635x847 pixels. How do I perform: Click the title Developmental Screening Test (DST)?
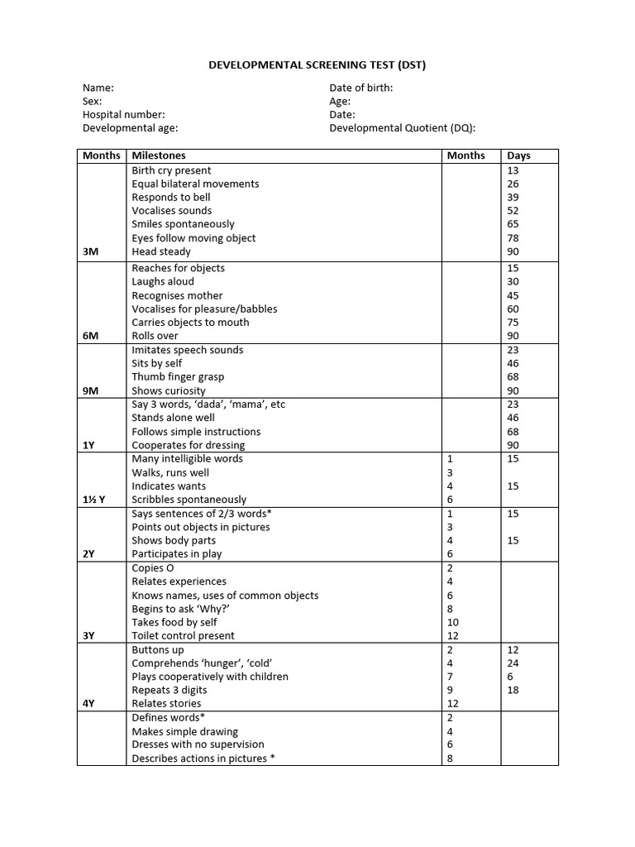[317, 65]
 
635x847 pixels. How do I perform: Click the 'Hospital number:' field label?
[123, 115]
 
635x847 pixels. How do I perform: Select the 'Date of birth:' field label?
[360, 88]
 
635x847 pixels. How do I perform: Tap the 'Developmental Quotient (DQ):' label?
[402, 128]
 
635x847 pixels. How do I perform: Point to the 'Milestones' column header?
[159, 156]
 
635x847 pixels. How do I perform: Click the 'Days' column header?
[518, 156]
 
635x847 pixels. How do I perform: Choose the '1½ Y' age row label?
[93, 500]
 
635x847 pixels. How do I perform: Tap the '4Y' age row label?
[88, 703]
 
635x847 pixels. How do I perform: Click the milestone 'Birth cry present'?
[171, 170]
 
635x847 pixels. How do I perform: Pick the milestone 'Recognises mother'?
[177, 295]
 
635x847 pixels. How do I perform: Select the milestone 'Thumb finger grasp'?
[178, 376]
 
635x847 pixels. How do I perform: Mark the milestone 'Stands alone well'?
[173, 418]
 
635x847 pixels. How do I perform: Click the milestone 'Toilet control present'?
[183, 635]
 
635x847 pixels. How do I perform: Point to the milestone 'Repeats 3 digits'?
[169, 690]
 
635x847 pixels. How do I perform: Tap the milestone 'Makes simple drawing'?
[184, 731]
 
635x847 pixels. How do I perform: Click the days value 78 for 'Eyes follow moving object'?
[513, 238]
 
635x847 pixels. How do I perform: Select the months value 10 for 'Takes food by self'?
[452, 622]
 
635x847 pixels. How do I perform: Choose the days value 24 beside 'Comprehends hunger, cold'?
[513, 663]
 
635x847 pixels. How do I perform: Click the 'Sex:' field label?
[92, 102]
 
